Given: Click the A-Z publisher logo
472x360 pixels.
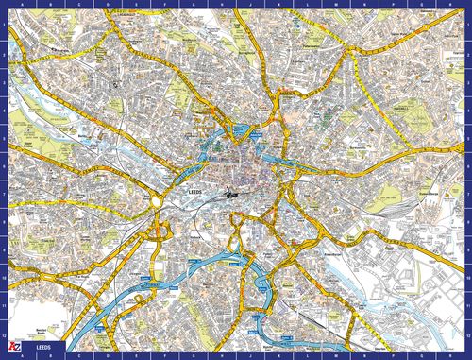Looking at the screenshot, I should tap(10, 351).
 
